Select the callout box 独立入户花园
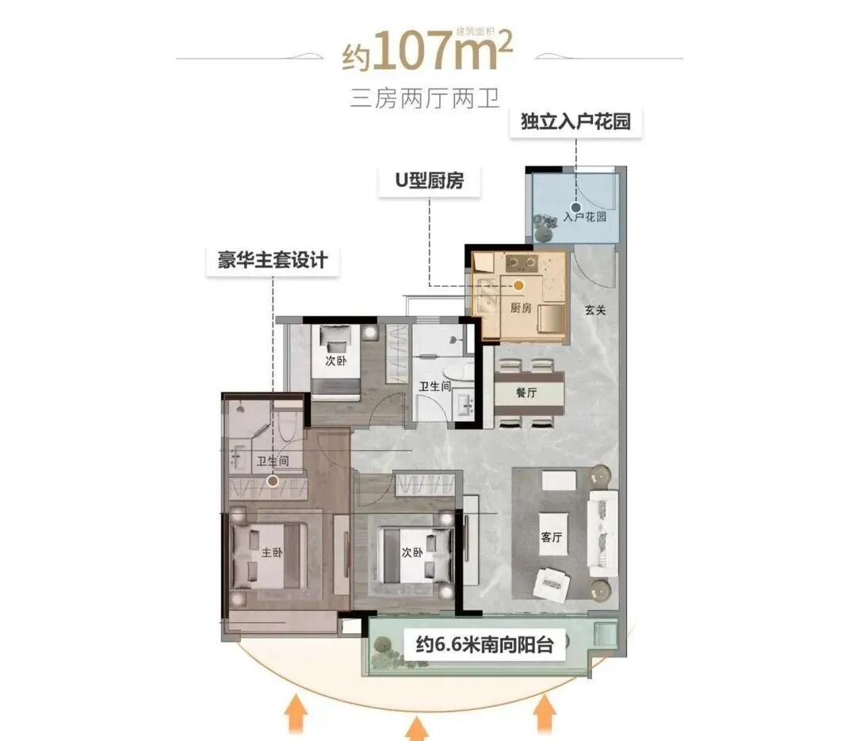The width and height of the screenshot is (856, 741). [x=575, y=124]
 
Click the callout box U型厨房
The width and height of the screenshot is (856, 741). [x=429, y=181]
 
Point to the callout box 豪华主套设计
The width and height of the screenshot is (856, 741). [x=273, y=260]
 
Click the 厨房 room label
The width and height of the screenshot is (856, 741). [x=521, y=308]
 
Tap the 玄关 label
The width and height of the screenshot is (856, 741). [x=595, y=311]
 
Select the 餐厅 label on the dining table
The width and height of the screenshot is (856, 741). [x=527, y=393]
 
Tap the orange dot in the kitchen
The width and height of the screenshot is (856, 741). [x=519, y=284]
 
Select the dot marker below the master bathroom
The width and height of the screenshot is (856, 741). [x=273, y=480]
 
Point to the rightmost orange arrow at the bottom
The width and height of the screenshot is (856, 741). [x=544, y=712]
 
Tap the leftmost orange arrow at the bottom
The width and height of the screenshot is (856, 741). [x=297, y=712]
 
